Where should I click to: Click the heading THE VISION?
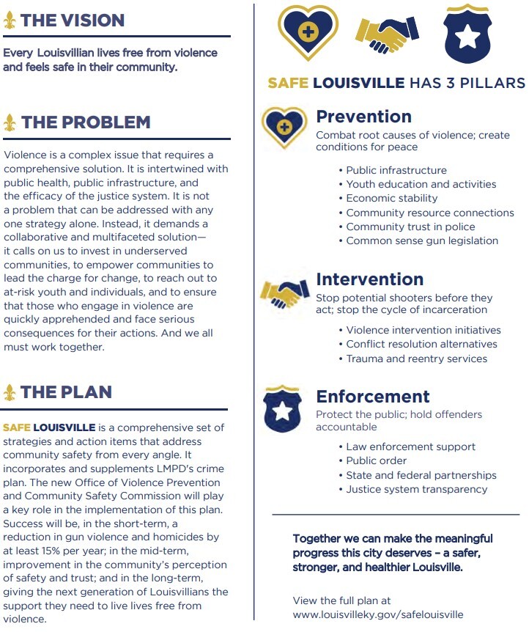[73, 20]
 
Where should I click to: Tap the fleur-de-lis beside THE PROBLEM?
[10, 122]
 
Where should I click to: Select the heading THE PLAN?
[66, 392]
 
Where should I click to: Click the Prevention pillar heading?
[363, 117]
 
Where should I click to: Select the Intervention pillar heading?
[369, 279]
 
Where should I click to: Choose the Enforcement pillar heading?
[373, 397]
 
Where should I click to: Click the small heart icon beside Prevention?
[285, 127]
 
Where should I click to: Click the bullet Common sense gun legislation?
[422, 240]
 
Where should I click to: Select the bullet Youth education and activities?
[421, 184]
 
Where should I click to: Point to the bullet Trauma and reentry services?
[416, 359]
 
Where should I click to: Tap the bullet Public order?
[376, 460]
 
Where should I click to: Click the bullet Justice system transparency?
[416, 489]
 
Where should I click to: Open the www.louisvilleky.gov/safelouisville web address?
[378, 614]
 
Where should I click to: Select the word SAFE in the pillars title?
[288, 82]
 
